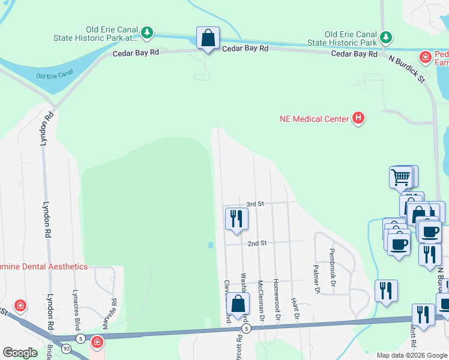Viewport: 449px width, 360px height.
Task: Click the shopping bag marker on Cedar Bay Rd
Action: [208, 38]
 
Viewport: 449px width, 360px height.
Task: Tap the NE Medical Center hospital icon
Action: [358, 118]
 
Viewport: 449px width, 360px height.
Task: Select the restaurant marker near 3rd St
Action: [236, 218]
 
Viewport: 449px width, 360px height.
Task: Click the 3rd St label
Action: [256, 204]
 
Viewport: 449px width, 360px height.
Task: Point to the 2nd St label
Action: [257, 243]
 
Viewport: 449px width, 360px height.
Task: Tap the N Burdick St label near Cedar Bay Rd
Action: [406, 69]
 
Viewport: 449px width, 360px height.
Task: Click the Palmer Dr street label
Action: [316, 279]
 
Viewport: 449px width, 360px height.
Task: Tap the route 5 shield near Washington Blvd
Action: [246, 329]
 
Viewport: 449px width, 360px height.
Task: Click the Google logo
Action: [20, 353]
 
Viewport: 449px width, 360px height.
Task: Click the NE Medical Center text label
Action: [314, 119]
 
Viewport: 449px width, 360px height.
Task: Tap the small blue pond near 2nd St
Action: [210, 245]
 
